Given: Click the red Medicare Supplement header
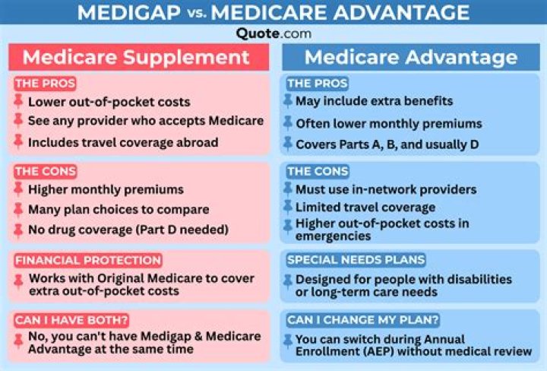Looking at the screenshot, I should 136,58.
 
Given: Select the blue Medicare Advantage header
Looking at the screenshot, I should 411,58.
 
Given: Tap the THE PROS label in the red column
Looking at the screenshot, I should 44,84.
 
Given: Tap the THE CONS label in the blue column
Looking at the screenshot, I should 318,172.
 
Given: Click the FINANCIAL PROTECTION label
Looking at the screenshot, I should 87,260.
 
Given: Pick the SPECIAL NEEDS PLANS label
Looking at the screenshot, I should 356,260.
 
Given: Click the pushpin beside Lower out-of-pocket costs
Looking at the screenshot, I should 18,101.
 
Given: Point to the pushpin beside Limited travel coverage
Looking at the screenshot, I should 287,207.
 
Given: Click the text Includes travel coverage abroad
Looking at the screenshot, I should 123,142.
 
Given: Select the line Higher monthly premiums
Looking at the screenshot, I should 106,189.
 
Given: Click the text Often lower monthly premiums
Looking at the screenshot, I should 388,123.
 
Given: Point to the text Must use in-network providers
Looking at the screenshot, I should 386,189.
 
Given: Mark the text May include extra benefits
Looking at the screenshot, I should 374,101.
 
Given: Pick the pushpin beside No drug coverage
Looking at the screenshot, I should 18,229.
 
